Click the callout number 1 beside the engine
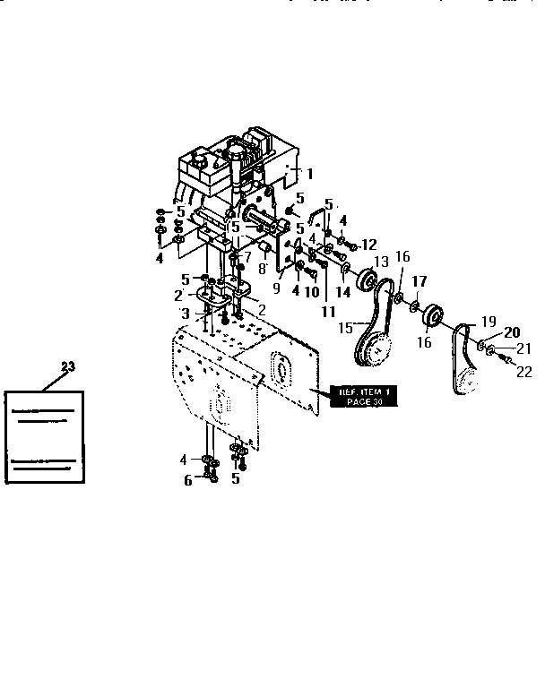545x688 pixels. point(310,174)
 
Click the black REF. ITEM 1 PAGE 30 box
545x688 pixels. point(360,396)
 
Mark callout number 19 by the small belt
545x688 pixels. point(489,322)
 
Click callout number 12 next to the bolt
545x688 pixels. point(369,244)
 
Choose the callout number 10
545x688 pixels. point(312,291)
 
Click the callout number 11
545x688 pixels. point(328,312)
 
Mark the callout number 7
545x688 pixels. point(247,257)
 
